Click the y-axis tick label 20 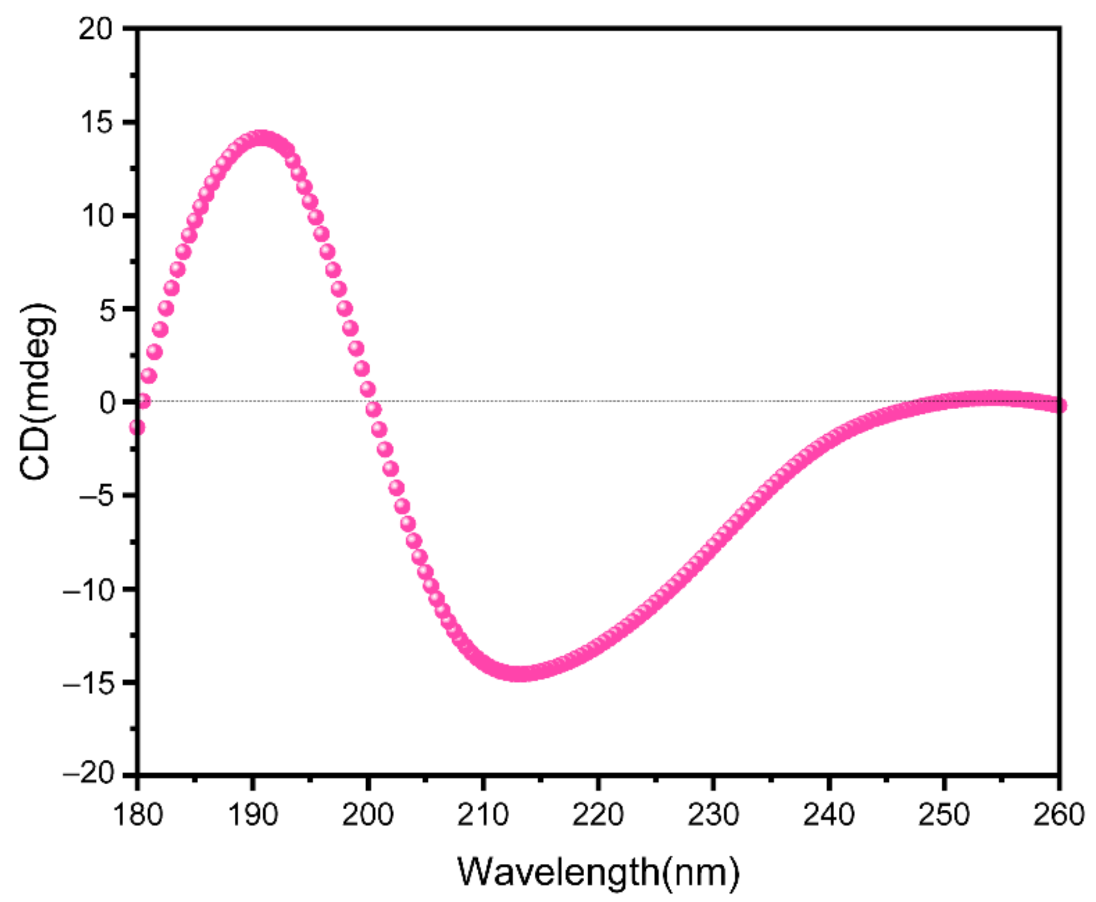[96, 29]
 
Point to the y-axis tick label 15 [96, 123]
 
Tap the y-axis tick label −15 [88, 683]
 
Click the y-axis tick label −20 [88, 775]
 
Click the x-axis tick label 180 [137, 815]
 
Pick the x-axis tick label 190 [253, 815]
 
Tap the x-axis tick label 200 [368, 815]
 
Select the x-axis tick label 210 [483, 815]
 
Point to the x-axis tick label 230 [714, 815]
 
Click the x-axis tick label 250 [944, 815]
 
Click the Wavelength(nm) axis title [598, 872]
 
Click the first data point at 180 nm [137, 428]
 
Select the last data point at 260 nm [1059, 406]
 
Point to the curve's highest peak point [260, 139]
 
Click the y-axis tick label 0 [107, 403]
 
